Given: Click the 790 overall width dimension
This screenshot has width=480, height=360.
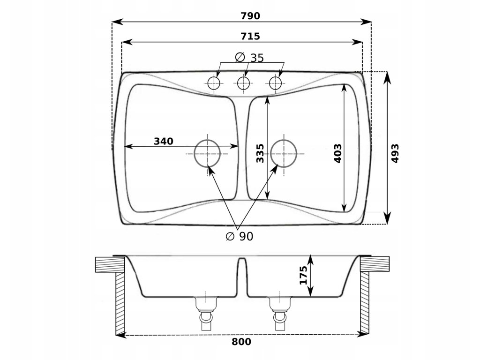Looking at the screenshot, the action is click(250, 16).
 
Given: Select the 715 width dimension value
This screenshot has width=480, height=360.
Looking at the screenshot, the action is click(250, 36).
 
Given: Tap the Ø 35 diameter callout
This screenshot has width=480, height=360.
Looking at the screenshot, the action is click(249, 58).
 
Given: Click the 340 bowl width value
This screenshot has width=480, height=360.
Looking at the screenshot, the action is click(164, 141).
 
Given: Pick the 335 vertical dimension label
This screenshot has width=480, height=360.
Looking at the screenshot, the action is click(261, 153).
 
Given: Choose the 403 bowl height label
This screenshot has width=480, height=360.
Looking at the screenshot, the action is click(338, 153).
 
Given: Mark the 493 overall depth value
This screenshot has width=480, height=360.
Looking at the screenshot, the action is click(395, 153).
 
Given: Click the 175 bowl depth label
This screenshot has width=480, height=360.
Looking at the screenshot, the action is click(303, 275).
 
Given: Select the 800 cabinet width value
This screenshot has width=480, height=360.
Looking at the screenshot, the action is click(241, 342).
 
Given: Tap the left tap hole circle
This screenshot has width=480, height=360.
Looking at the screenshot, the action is click(214, 83).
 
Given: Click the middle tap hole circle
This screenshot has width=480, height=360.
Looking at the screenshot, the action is click(243, 83).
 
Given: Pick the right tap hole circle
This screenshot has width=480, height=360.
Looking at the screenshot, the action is click(275, 83).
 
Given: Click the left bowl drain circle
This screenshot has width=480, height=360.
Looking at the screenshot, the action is click(207, 153).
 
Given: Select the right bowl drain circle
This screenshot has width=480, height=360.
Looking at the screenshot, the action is click(283, 153).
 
